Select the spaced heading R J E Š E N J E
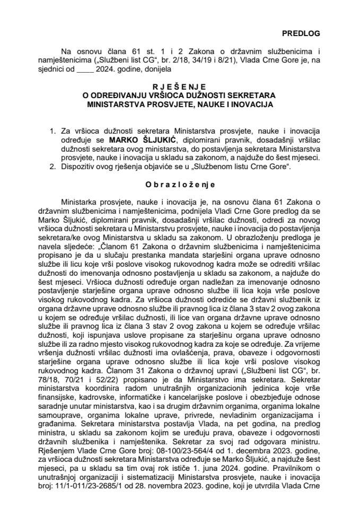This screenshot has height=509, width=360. (180, 85)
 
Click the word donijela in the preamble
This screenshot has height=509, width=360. (155, 69)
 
